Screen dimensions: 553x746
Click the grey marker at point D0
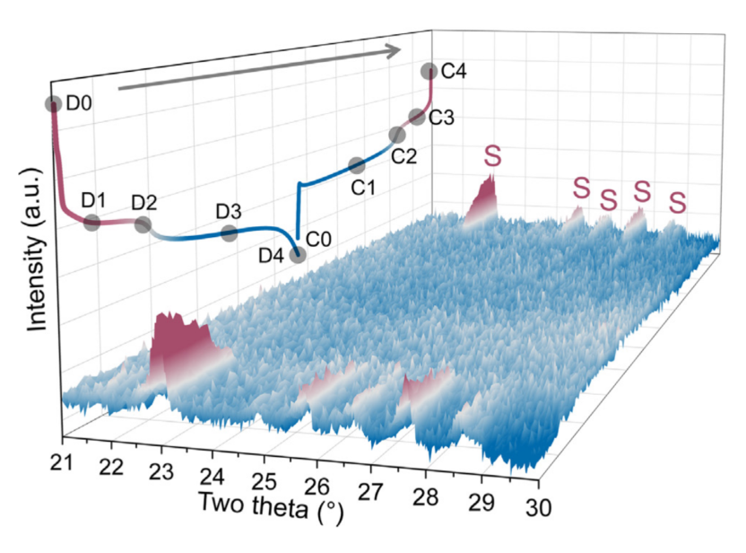53,104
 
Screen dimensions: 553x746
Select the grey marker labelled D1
91,221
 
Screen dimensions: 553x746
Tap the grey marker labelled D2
143,224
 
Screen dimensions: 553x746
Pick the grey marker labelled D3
229,234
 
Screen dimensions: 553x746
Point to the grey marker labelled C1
356,165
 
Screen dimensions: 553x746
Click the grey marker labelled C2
396,135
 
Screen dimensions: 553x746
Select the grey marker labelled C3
416,117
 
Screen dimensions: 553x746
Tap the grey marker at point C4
429,71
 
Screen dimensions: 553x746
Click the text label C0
319,240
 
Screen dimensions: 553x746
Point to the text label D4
273,256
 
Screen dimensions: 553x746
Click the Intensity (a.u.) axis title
37,249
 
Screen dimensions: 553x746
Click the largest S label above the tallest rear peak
493,155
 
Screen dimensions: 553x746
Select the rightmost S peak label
679,203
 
